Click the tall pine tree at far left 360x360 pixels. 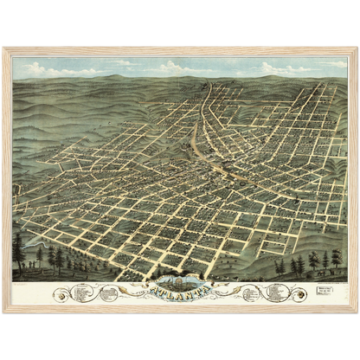click(x=19, y=251)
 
